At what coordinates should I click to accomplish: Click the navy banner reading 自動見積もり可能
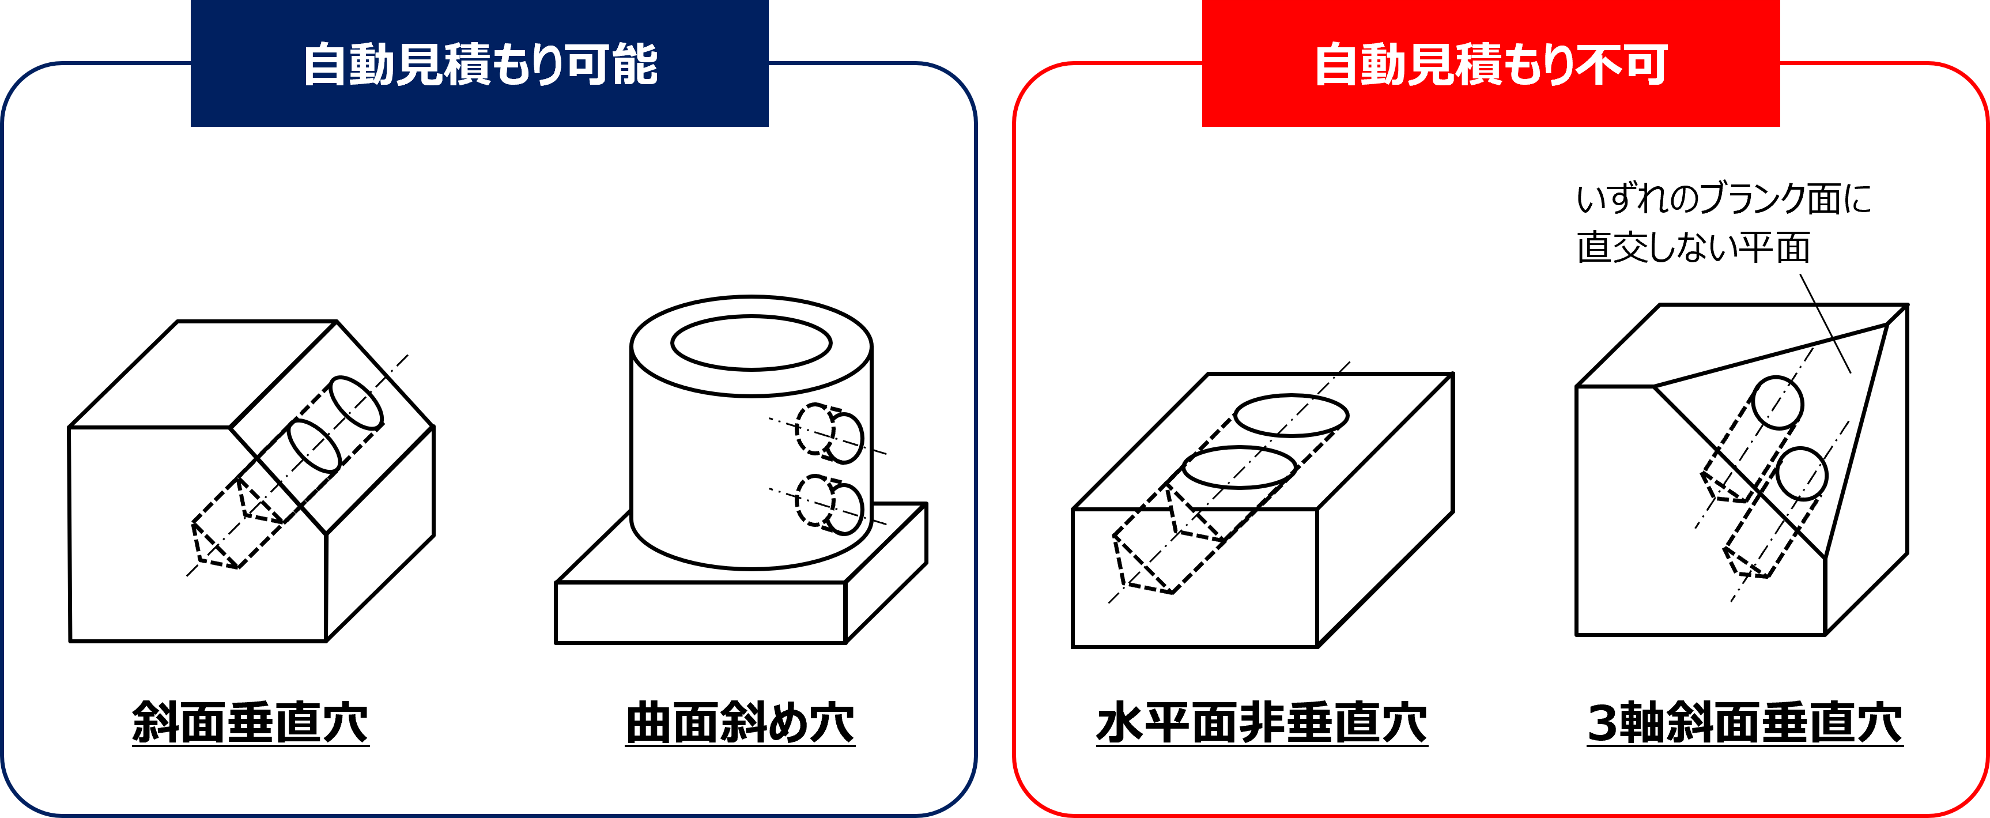479,63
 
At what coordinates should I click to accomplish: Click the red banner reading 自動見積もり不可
1491,63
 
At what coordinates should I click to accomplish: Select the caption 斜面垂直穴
250,723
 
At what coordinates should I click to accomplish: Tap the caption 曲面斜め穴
740,723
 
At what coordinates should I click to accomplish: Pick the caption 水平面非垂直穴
1262,723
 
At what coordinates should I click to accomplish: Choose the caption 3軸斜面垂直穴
1745,723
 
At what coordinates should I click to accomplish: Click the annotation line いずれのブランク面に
1724,198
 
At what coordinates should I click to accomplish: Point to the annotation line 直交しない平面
1693,248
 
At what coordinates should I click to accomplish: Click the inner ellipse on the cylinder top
751,342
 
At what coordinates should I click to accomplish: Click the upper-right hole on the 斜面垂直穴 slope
356,402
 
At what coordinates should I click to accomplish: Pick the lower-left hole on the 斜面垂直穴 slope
314,446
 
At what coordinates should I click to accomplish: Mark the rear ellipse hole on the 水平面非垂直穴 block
1292,416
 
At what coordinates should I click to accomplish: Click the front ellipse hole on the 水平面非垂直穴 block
1239,468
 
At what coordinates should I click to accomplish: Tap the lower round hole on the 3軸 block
1802,474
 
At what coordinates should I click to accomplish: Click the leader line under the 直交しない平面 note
1825,323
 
